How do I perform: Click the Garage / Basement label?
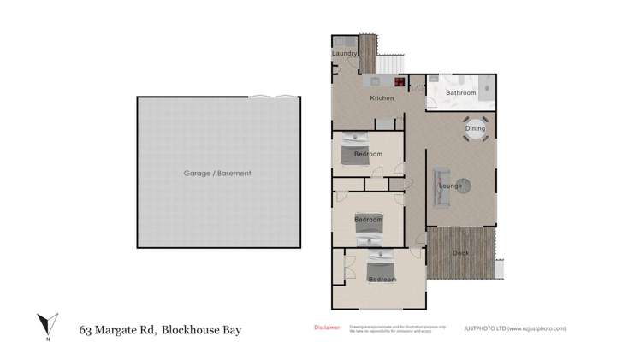click(x=217, y=173)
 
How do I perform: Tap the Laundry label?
click(x=344, y=54)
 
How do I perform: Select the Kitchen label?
click(x=382, y=98)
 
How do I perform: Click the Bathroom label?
click(x=459, y=92)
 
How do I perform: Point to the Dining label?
click(x=475, y=129)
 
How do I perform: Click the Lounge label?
click(x=450, y=186)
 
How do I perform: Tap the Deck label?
click(x=461, y=253)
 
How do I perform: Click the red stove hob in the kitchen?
click(x=399, y=82)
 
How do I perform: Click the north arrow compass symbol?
click(x=47, y=325)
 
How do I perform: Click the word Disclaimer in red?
click(x=328, y=327)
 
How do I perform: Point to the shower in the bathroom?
click(x=485, y=87)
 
